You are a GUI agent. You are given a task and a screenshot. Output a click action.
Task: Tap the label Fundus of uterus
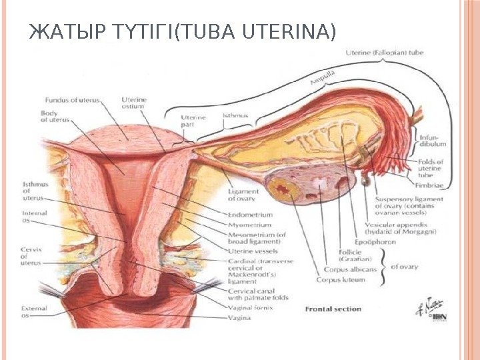[73, 100]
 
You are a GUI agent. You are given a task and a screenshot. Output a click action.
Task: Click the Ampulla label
[321, 76]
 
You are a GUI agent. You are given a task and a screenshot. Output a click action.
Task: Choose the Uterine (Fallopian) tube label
[385, 52]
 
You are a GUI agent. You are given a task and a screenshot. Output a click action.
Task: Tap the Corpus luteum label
[341, 280]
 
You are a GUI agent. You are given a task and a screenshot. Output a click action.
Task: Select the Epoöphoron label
[371, 242]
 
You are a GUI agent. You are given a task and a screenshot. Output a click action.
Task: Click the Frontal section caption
[333, 309]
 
